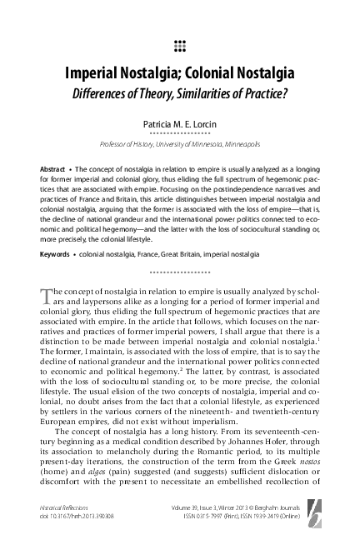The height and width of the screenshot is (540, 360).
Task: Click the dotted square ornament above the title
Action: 180,43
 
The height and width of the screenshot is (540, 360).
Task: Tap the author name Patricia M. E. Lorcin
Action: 180,122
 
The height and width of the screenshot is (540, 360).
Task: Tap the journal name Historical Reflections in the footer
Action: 67,504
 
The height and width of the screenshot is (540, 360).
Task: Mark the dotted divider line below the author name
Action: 180,133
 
